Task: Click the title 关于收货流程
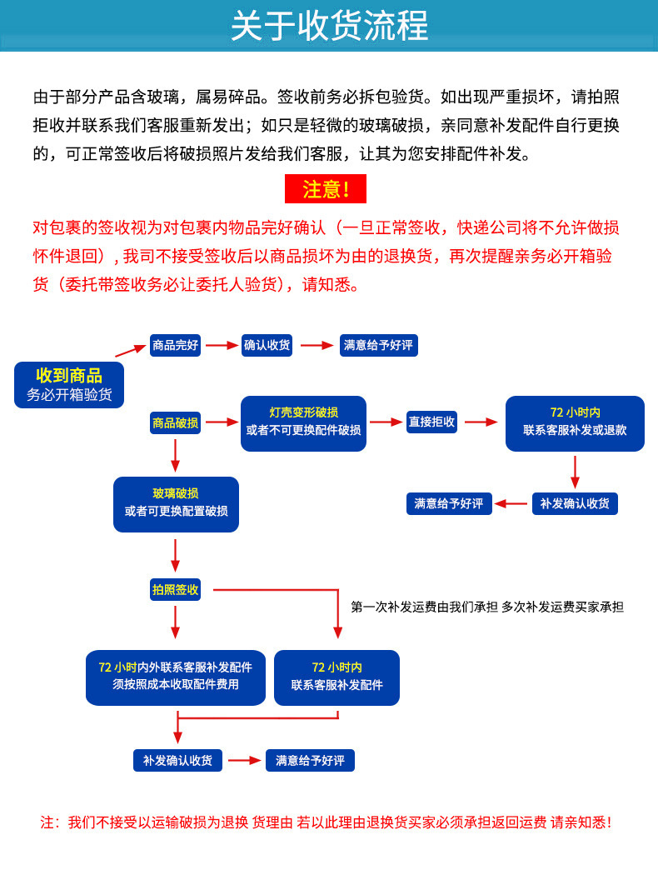329,26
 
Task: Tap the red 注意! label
325,189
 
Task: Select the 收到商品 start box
69,384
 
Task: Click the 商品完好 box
175,345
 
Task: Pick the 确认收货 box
267,345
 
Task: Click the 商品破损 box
175,422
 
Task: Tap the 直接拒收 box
431,422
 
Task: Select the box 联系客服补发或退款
575,422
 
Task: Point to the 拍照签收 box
175,589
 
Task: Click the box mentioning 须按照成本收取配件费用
175,677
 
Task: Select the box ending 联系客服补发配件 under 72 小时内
336,677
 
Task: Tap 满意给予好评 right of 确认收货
378,345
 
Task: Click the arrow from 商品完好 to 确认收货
221,345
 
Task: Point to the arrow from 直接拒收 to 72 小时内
481,422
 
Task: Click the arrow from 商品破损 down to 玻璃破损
176,455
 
